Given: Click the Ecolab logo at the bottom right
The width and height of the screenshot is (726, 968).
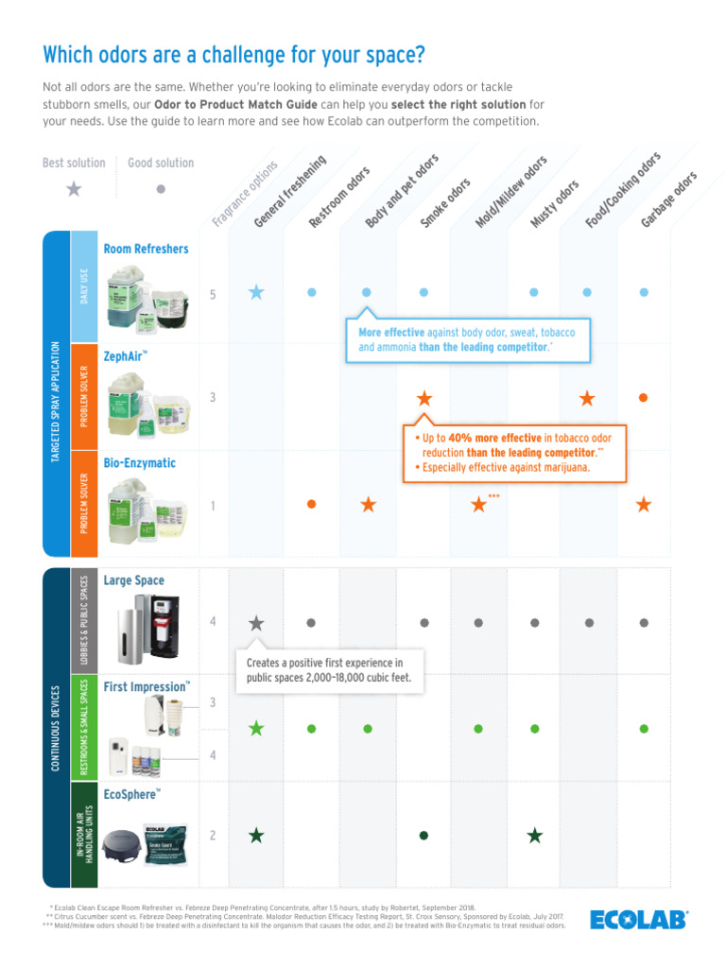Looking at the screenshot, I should coord(639,919).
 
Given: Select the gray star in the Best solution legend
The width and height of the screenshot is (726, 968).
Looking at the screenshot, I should coord(74,189).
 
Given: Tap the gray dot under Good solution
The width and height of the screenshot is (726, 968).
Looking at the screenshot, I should coord(161,189).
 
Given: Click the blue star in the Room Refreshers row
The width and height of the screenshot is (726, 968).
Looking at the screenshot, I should coord(256,292).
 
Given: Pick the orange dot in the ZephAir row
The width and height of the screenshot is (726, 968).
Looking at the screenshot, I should coord(644,398).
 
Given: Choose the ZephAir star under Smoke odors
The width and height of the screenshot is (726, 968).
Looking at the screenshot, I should coord(424,398).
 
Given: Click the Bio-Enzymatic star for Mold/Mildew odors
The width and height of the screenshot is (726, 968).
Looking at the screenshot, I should coord(479,505).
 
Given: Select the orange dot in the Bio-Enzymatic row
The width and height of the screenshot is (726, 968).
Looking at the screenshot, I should coord(311,505).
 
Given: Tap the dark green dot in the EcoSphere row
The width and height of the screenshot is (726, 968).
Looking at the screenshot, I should coord(423,835).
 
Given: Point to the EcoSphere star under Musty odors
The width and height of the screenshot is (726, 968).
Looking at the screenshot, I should coord(535,835).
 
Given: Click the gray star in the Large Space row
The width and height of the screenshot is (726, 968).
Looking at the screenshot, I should coord(256,623).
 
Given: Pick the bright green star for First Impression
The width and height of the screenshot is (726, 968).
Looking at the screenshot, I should coord(256,728).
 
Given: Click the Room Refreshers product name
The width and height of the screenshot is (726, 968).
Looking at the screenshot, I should coord(146,249).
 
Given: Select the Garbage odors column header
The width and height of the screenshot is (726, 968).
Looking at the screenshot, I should coord(669,199).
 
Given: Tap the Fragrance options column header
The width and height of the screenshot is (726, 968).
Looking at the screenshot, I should coord(244,194).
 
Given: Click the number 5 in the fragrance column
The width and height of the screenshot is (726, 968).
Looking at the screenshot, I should coord(214,295).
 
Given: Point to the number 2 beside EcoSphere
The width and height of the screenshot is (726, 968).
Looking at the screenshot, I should coord(214,836).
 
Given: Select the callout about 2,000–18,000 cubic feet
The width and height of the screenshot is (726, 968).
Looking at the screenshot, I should coord(328,670).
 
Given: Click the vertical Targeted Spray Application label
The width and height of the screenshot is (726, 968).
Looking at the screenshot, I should coord(56,401).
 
